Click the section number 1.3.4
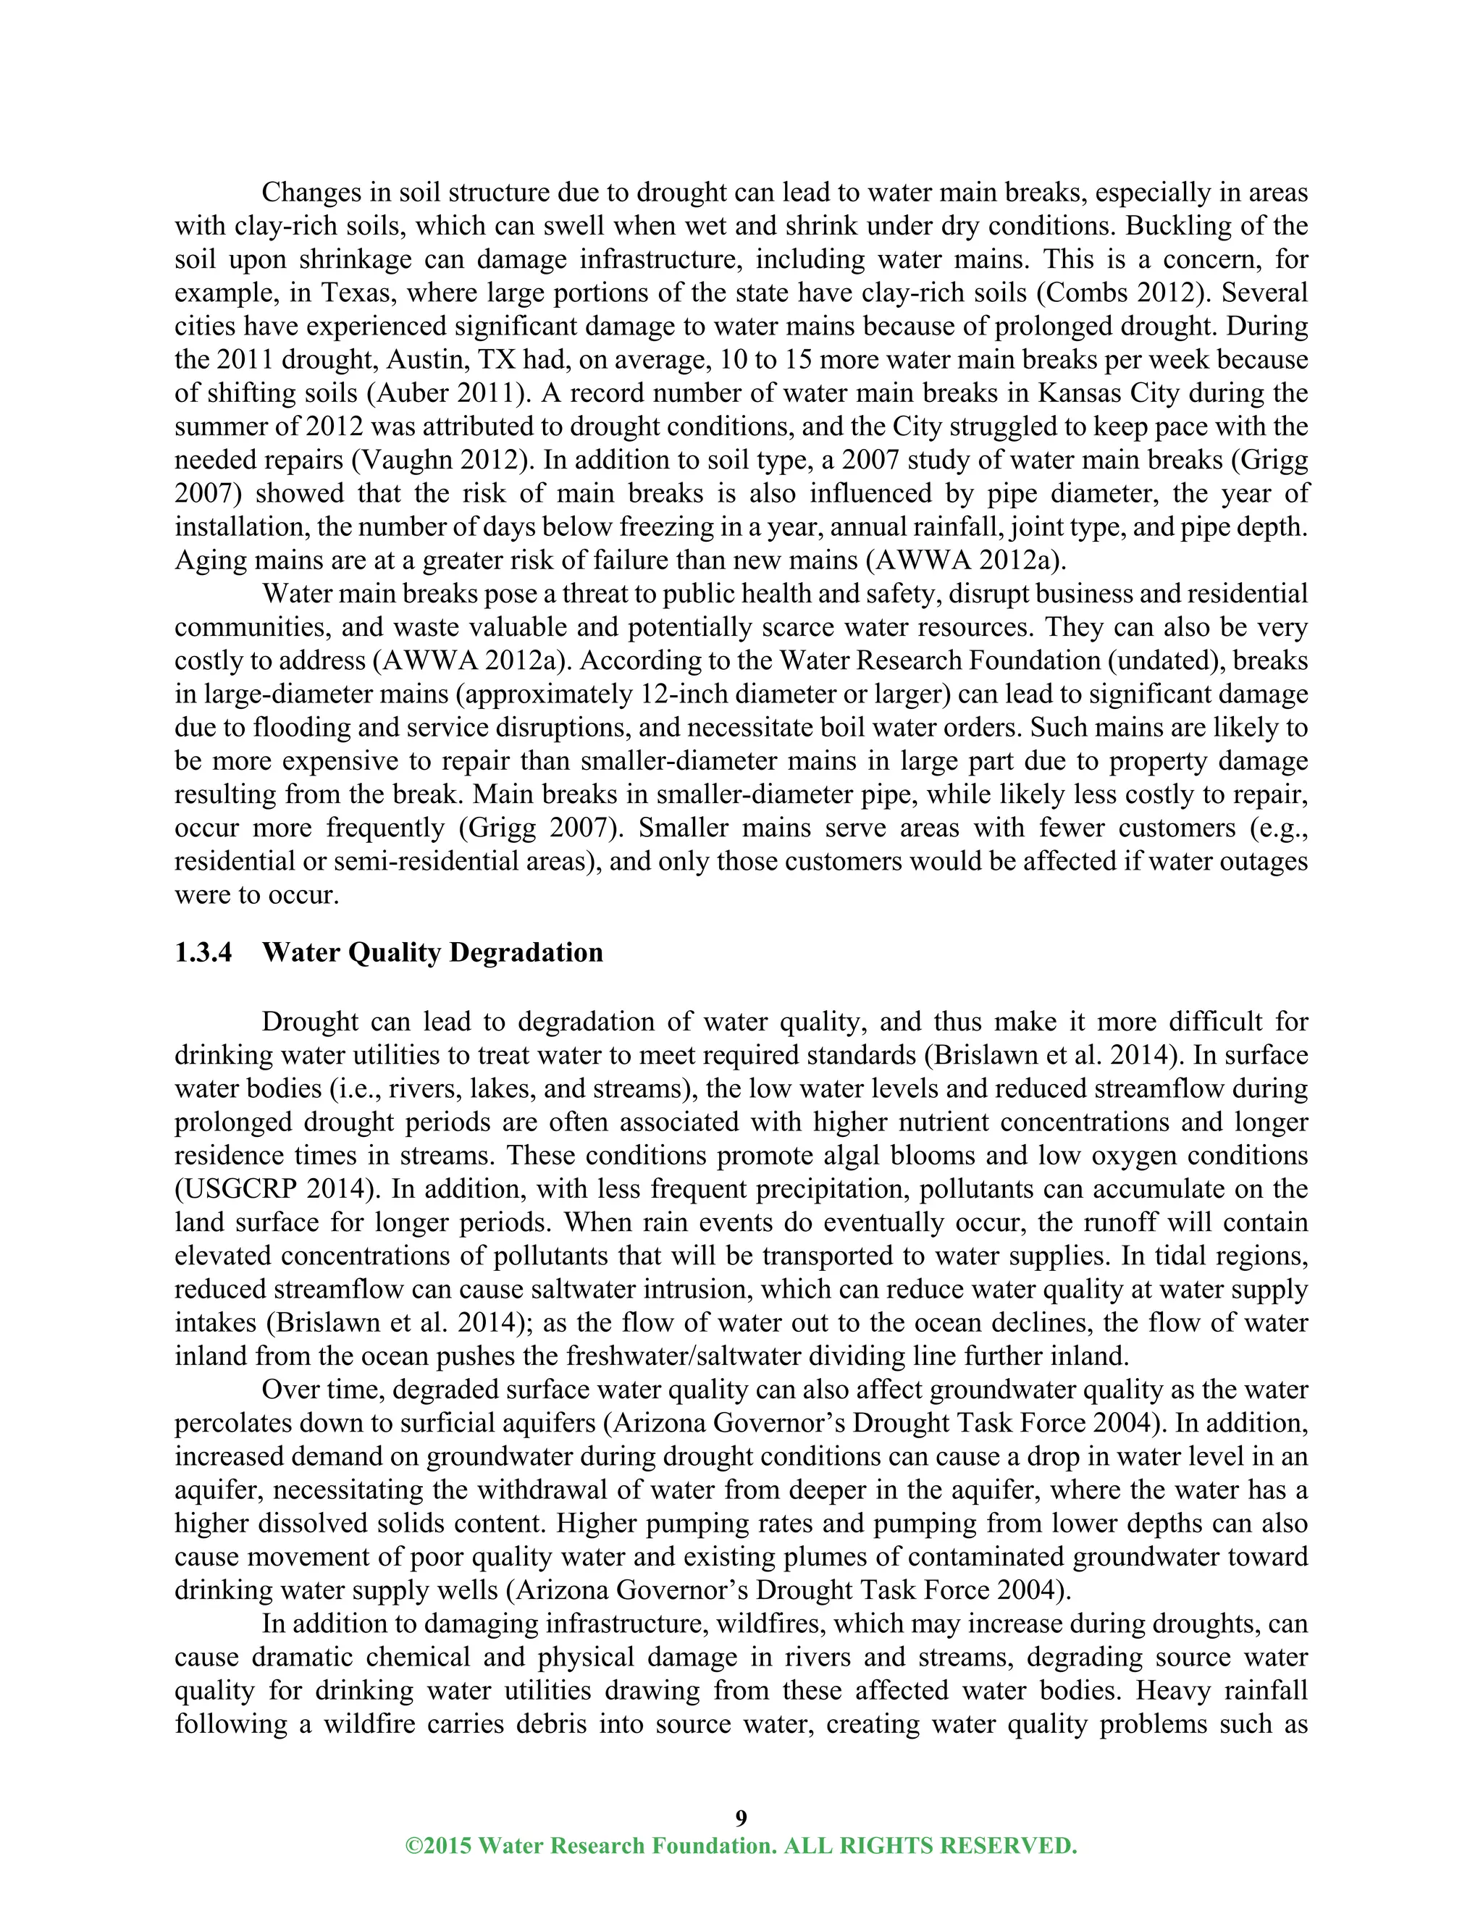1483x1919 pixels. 203,954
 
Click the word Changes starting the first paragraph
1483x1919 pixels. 314,193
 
